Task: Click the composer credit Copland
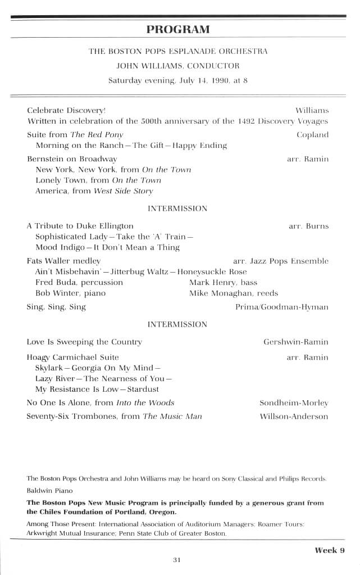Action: click(312, 135)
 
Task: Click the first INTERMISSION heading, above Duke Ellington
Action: click(177, 209)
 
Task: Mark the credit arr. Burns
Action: click(308, 227)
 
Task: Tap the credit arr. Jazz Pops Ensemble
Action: click(280, 261)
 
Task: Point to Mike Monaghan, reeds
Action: click(233, 293)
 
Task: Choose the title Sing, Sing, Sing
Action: click(56, 307)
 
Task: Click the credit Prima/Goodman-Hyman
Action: click(282, 307)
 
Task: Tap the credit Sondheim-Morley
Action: click(293, 403)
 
